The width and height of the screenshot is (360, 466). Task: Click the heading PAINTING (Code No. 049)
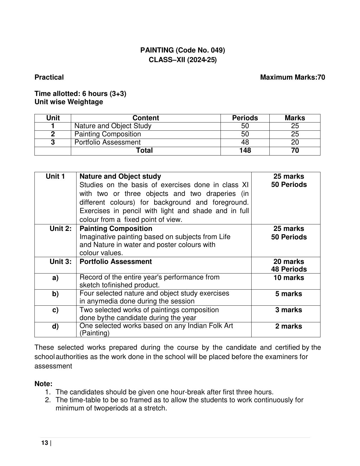[x=182, y=50]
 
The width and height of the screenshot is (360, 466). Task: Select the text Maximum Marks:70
[x=292, y=77]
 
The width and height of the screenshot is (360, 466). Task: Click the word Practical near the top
[x=49, y=77]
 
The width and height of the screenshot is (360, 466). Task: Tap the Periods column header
[x=245, y=118]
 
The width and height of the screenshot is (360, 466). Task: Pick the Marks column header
[x=295, y=118]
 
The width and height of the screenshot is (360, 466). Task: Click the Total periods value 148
[x=245, y=150]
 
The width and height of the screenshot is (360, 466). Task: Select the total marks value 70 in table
[x=295, y=150]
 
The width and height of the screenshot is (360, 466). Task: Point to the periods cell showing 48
[x=245, y=142]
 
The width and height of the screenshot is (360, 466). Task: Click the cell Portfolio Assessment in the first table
[x=107, y=142]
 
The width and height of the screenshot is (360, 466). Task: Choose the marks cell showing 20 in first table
[x=295, y=142]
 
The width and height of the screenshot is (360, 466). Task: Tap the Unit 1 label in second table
[x=55, y=176]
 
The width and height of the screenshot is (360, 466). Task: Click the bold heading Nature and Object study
[x=120, y=176]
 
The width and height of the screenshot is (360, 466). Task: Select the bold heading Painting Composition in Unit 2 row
[x=116, y=229]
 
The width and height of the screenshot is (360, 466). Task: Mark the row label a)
[x=55, y=278]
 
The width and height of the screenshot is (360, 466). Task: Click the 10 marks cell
[x=289, y=278]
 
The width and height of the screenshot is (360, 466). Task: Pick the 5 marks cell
[x=289, y=294]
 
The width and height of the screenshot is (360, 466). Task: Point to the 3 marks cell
[x=289, y=310]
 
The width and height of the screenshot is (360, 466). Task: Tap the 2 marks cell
[x=289, y=326]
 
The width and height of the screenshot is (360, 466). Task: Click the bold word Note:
[x=43, y=384]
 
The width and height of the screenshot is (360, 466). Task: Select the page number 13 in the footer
[x=45, y=443]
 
